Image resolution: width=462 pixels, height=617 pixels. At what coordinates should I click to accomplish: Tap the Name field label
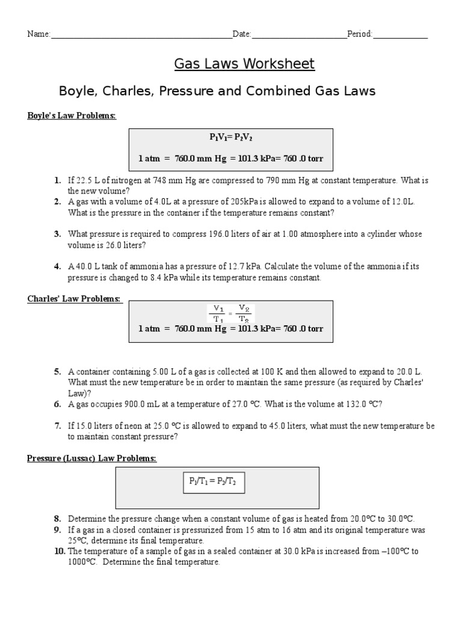click(38, 34)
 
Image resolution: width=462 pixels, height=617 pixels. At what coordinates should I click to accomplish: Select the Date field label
click(242, 34)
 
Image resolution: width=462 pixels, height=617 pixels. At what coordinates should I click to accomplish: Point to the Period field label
click(360, 34)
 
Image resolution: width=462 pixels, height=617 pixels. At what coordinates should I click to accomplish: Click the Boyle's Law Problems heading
click(72, 116)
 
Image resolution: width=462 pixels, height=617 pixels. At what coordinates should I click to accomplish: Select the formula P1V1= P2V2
click(232, 137)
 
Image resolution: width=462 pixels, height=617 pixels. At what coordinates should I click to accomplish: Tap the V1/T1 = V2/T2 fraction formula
click(232, 313)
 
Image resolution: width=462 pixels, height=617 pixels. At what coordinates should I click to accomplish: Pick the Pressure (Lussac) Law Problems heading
click(91, 459)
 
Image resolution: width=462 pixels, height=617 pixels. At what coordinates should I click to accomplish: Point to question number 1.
click(57, 180)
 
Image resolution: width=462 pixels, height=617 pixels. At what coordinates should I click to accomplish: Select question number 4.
click(57, 266)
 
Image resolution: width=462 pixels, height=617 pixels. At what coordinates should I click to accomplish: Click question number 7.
click(57, 426)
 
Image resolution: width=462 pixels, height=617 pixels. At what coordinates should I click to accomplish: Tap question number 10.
click(60, 551)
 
